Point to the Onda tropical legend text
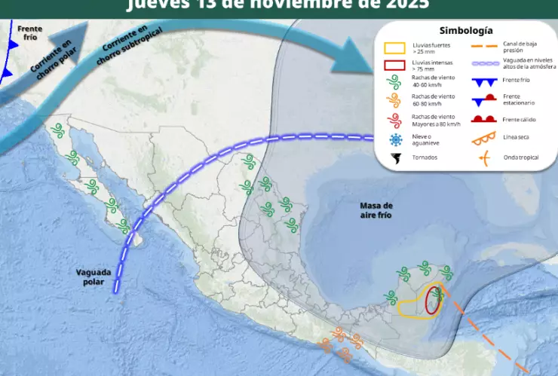coord(518,158)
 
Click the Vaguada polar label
coord(94,277)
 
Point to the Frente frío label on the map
coord(29,33)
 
